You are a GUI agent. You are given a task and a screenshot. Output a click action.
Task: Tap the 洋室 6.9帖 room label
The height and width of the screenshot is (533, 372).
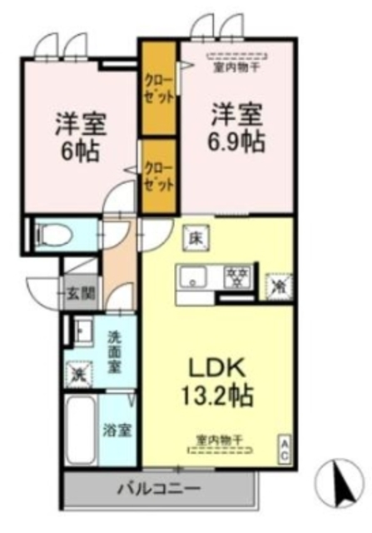[x=236, y=127]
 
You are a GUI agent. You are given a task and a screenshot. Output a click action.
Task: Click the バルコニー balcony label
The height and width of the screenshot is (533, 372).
[x=157, y=487]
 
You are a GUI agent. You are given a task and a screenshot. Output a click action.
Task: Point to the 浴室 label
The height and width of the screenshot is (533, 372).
[x=116, y=431]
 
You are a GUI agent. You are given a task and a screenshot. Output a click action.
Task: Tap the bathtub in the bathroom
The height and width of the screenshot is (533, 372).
[x=81, y=431]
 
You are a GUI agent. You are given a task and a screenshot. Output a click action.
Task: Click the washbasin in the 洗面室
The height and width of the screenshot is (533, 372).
[x=80, y=332]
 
